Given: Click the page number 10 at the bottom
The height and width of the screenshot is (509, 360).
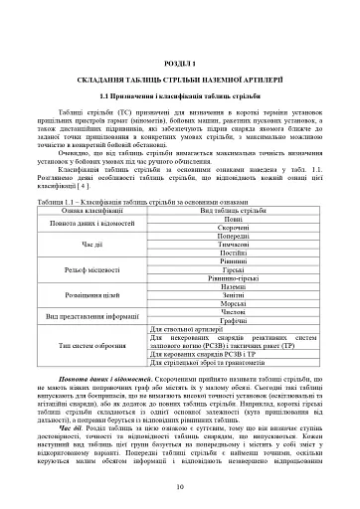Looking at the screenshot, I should tap(180, 486).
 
